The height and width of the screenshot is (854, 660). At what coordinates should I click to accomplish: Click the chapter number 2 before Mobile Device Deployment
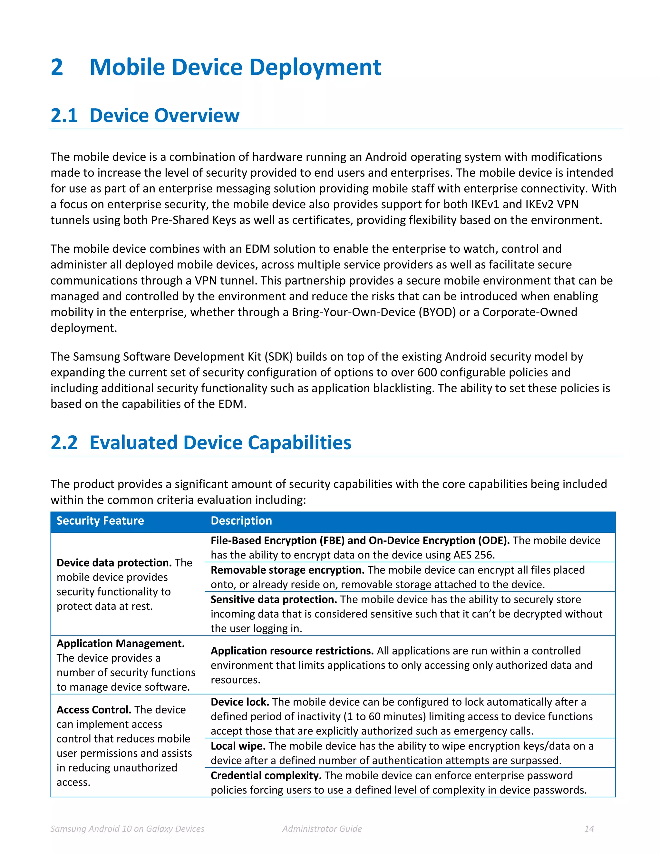(57, 67)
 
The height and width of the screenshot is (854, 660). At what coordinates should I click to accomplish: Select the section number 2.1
(64, 115)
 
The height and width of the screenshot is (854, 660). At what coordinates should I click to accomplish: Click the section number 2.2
(64, 443)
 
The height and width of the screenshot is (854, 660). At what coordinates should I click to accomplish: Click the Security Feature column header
(100, 521)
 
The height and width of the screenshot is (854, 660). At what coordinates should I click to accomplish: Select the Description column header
(241, 521)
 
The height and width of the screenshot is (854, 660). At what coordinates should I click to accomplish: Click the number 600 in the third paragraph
(427, 372)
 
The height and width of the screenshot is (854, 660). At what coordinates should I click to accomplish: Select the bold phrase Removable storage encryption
(287, 570)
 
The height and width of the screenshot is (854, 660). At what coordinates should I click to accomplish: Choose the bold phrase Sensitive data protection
(274, 599)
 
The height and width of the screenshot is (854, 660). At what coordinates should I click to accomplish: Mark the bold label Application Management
(121, 644)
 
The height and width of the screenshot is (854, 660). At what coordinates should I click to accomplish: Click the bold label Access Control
(94, 710)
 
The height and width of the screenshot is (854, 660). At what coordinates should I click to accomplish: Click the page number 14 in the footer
(589, 829)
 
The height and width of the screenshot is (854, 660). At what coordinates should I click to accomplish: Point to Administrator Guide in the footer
(322, 829)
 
